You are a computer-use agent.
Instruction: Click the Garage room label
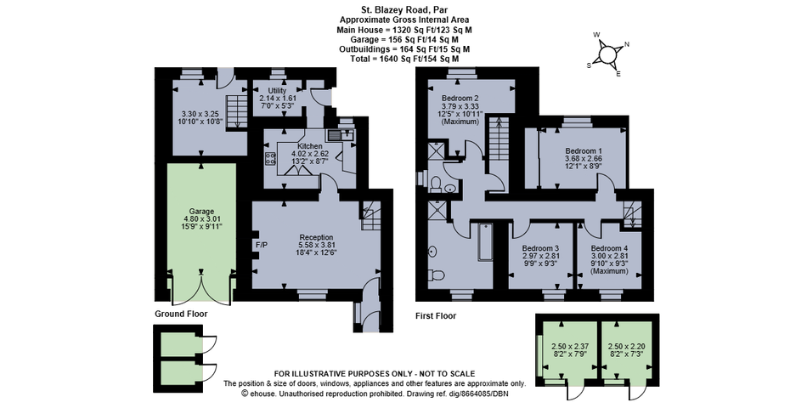(201, 211)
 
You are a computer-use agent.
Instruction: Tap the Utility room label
(277, 91)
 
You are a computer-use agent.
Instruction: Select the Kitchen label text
(307, 147)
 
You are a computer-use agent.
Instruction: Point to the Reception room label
(315, 237)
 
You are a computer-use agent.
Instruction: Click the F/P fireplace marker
(262, 245)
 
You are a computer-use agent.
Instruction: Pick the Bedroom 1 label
(584, 151)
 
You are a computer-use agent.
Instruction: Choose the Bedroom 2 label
(460, 99)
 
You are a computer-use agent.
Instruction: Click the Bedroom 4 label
(609, 248)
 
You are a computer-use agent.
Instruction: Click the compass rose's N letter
(627, 44)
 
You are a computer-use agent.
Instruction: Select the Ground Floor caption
(181, 314)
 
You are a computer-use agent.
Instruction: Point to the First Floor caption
(436, 316)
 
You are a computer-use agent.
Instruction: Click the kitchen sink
(339, 135)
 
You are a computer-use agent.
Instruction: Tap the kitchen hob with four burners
(270, 158)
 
